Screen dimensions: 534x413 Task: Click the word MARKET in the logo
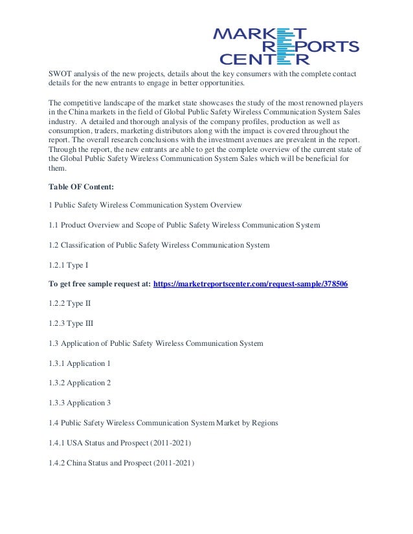pyautogui.click(x=260, y=34)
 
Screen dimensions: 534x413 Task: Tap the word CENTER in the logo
pyautogui.click(x=263, y=60)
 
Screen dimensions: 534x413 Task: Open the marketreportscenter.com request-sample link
pyautogui.click(x=251, y=284)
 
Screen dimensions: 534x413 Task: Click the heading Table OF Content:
pyautogui.click(x=82, y=187)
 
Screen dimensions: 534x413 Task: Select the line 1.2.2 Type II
pyautogui.click(x=70, y=303)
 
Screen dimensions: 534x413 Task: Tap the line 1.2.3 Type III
pyautogui.click(x=71, y=323)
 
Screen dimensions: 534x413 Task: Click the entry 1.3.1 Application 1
pyautogui.click(x=80, y=363)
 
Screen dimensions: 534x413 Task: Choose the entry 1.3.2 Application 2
pyautogui.click(x=80, y=383)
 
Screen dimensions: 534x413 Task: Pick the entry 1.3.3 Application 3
pyautogui.click(x=80, y=403)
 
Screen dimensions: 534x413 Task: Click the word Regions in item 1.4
pyautogui.click(x=263, y=423)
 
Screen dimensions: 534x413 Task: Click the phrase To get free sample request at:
pyautogui.click(x=100, y=284)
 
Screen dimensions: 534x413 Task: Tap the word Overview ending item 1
pyautogui.click(x=225, y=205)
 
